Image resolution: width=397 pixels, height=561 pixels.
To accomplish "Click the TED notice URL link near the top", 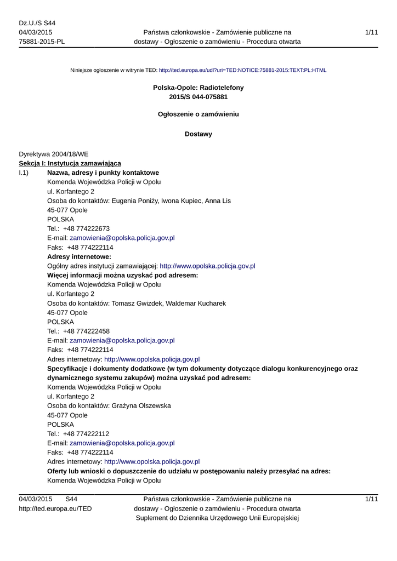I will point(242,71).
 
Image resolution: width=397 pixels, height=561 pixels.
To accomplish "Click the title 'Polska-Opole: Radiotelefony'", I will point(198,88).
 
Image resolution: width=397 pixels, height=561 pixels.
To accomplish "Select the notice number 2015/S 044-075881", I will point(198,97).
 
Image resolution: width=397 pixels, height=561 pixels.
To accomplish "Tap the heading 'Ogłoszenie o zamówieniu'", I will point(198,115).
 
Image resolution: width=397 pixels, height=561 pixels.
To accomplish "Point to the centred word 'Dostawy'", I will point(198,134).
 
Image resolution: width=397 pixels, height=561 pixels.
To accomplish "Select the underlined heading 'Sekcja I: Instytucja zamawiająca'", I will point(70,163).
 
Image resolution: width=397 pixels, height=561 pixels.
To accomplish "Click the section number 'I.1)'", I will point(24,173).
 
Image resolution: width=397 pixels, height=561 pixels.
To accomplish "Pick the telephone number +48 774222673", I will point(86,228).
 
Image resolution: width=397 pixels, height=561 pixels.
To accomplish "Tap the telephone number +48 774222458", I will point(86,331).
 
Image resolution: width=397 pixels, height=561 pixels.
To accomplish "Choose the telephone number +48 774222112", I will point(86,433).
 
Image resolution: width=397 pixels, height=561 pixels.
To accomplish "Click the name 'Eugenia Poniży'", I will point(134,201).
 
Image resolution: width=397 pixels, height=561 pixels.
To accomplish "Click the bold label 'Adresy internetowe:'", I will point(80,256).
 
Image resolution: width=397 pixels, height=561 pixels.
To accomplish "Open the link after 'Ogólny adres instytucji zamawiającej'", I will point(207,266).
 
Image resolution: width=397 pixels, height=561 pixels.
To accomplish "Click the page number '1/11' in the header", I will point(371,33).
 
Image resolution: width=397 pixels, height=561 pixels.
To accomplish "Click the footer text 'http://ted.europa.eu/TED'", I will point(55,508).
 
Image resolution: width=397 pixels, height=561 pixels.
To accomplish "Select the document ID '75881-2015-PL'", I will point(42,42).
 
